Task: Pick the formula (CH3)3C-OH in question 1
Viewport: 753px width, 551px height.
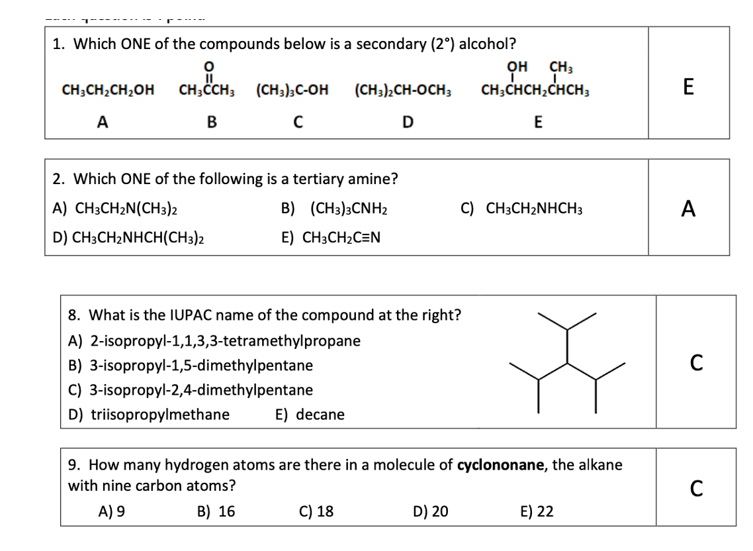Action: [x=292, y=90]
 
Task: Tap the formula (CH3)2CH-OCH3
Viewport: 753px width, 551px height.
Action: [x=403, y=90]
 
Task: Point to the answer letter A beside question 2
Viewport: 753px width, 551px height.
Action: [x=688, y=209]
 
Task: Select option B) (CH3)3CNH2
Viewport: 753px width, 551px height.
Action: [x=334, y=209]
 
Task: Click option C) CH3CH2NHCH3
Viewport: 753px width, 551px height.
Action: [x=521, y=209]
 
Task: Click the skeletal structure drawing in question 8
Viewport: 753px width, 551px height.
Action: [x=567, y=361]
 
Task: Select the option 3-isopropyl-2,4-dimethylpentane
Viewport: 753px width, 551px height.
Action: [x=191, y=390]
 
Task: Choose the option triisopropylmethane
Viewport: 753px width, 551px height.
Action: [x=150, y=415]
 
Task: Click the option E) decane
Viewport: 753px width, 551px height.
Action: [x=310, y=415]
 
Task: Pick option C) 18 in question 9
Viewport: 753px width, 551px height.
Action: [x=316, y=511]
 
